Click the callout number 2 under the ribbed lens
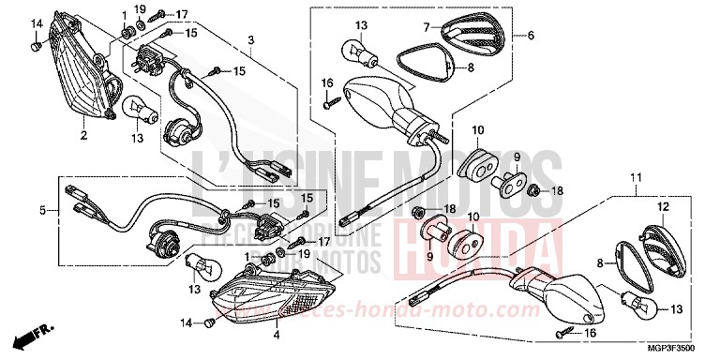click(x=83, y=136)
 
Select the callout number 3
click(x=251, y=40)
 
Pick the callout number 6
click(x=530, y=36)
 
